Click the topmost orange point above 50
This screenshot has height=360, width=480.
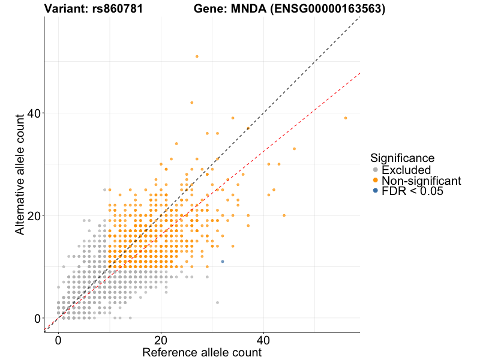197,56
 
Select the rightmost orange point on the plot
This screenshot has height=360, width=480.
346,118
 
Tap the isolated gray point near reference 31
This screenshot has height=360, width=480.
217,302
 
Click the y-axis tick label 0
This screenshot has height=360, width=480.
37,318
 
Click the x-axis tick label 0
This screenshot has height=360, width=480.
58,340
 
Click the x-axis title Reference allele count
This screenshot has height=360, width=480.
202,352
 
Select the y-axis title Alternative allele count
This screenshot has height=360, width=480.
20,174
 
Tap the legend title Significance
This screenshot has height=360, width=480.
403,158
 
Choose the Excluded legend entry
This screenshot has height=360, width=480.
406,170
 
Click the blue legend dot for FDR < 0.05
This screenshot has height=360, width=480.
376,191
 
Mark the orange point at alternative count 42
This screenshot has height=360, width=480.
191,103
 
